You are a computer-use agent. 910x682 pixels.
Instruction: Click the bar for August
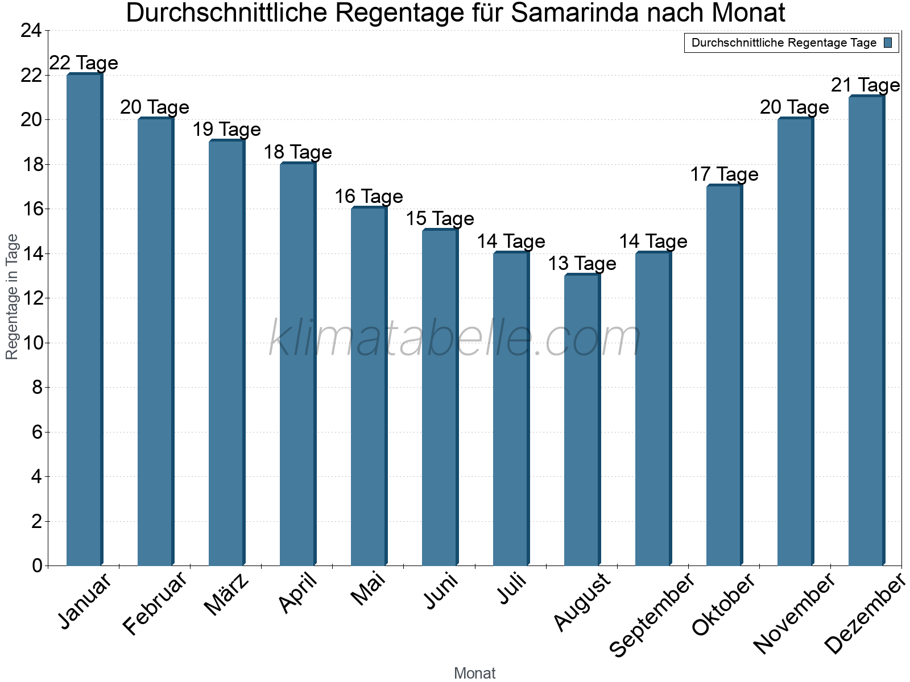582,420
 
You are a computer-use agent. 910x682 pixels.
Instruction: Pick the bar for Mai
369,386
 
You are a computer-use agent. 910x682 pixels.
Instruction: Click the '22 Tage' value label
84,63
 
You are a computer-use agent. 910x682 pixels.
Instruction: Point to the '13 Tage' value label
582,263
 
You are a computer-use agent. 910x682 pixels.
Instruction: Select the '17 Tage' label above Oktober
724,174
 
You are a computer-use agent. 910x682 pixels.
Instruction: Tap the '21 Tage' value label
865,85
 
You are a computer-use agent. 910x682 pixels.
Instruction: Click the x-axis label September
652,614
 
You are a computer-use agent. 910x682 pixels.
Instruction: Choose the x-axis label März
226,594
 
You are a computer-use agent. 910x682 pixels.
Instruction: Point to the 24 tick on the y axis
31,31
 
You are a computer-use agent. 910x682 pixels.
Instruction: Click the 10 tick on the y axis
31,343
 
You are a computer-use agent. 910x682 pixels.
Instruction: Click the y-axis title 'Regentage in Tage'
12,297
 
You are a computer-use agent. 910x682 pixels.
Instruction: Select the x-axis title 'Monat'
474,673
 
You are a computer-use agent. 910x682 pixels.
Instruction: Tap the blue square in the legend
888,43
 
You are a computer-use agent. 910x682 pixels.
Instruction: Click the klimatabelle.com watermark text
455,339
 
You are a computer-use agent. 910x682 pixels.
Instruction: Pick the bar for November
795,342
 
